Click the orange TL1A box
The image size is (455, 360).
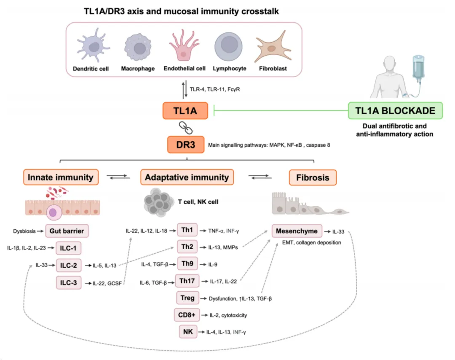[186, 111]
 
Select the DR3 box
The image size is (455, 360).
[186, 144]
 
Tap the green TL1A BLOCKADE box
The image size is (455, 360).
[396, 111]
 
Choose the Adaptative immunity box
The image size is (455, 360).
[187, 177]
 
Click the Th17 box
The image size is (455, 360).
[187, 280]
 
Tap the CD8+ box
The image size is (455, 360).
[187, 315]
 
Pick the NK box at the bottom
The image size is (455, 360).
[187, 332]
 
